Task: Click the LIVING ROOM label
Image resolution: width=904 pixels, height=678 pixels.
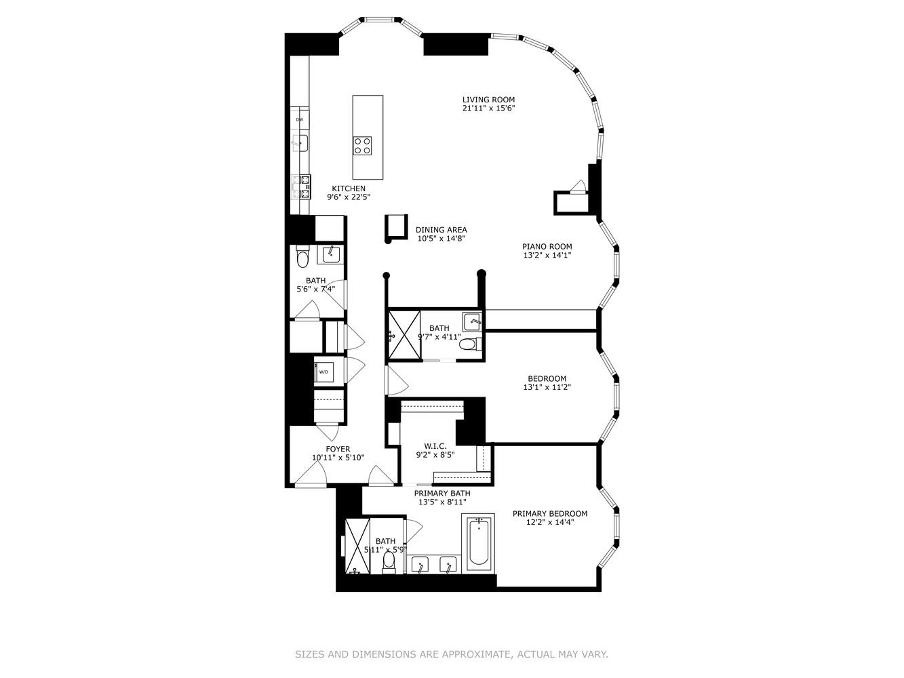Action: [488, 100]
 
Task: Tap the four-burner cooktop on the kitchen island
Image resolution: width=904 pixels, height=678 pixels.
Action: [362, 145]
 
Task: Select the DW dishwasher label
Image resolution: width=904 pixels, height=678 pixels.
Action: [299, 119]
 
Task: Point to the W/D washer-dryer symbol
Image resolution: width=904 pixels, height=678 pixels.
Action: [323, 372]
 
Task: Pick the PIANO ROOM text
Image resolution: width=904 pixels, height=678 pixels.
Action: [547, 247]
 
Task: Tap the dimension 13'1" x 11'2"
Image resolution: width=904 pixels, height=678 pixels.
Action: [547, 388]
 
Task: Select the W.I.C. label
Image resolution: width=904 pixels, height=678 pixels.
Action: [435, 446]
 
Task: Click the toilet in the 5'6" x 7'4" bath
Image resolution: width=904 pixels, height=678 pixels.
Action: [302, 257]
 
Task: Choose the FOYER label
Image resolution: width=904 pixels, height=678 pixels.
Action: [338, 449]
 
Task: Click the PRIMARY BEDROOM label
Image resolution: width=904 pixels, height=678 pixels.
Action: [549, 514]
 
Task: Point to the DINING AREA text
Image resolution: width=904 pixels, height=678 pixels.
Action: [441, 230]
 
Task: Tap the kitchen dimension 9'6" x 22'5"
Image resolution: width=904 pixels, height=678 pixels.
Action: [348, 197]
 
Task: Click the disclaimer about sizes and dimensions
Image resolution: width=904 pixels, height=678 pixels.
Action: [451, 654]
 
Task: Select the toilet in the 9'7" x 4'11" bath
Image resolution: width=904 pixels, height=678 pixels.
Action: [467, 344]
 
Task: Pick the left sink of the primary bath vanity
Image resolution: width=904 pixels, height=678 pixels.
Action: [420, 564]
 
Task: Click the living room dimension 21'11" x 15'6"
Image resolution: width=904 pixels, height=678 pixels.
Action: [488, 108]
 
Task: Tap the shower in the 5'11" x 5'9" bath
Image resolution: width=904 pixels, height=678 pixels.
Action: [357, 546]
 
